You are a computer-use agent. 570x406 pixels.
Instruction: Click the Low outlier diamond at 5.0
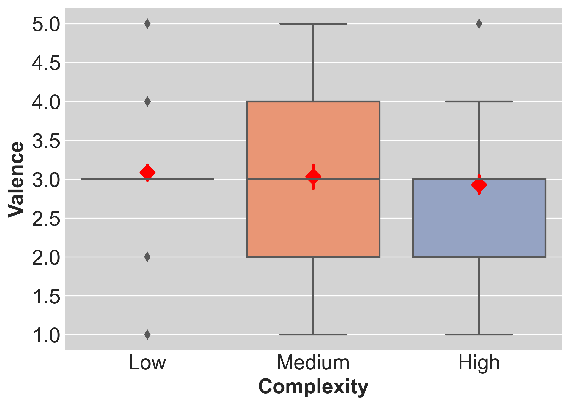coord(147,24)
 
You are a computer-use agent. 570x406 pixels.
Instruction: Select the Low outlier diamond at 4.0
coord(147,101)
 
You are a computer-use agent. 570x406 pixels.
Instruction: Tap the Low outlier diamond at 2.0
coord(147,257)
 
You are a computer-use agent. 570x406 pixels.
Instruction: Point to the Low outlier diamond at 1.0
coord(147,335)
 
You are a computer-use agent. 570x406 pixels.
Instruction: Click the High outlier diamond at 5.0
coord(479,24)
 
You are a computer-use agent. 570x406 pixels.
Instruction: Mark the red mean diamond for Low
coord(147,173)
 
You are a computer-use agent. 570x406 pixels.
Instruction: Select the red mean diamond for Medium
coord(313,177)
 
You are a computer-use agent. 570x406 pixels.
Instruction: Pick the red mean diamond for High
coord(479,185)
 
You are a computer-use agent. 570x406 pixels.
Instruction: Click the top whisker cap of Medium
coord(313,24)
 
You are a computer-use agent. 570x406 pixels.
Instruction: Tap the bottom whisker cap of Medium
coord(313,335)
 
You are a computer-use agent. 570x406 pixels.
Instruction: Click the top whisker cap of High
coord(479,101)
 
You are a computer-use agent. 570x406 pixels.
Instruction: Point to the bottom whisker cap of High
coord(479,335)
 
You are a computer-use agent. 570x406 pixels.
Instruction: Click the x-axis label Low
coord(147,363)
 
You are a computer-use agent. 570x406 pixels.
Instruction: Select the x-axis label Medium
coord(313,363)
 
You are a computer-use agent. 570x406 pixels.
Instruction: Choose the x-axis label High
coord(479,363)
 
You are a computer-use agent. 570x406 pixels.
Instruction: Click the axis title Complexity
coord(313,387)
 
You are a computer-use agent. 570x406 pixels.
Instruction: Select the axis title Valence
coord(16,179)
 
